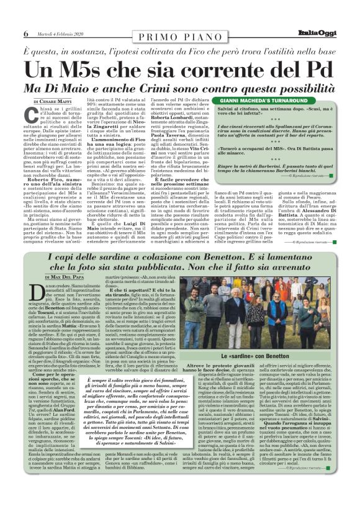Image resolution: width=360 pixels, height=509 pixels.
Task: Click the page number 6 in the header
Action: [x=25, y=33]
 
